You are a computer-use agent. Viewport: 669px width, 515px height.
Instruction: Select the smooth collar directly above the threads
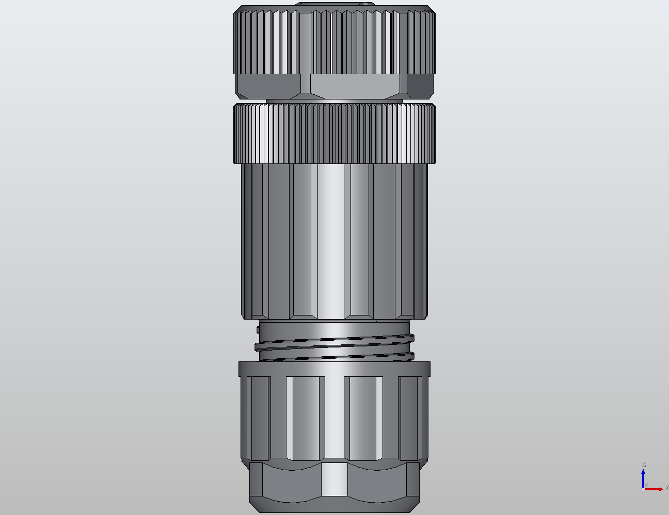click(x=334, y=328)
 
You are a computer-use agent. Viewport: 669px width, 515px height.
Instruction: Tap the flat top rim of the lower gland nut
click(x=334, y=368)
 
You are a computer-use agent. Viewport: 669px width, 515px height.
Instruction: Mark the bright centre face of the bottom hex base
click(x=334, y=479)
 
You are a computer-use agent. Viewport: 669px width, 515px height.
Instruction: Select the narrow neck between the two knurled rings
click(x=334, y=101)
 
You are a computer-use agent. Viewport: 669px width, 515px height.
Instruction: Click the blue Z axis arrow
click(x=644, y=477)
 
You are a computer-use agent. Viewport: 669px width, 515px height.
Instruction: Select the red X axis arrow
click(x=656, y=489)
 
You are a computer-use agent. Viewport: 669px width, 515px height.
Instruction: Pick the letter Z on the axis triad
click(x=644, y=464)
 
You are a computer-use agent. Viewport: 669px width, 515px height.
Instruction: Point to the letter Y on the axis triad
click(x=646, y=486)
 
